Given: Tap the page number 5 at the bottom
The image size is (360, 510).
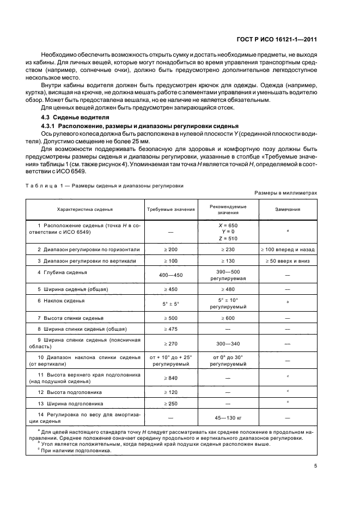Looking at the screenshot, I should [316, 466].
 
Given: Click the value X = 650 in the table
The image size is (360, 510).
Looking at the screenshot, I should [228, 225].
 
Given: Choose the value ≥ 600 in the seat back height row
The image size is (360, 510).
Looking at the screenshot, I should [228, 317].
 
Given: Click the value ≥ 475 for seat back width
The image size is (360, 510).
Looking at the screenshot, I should [163, 329].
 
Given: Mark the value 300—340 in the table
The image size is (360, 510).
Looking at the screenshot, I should [228, 344].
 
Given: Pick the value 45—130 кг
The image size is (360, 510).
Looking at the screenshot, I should [228, 418].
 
